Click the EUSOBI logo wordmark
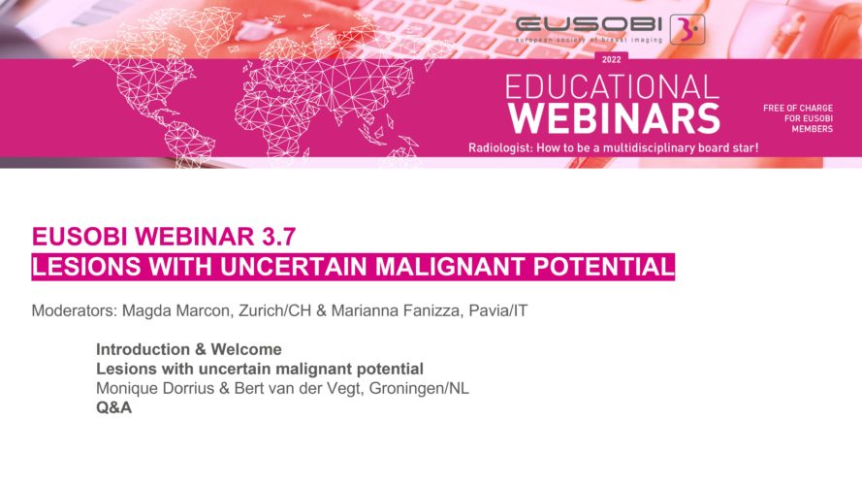click(x=589, y=24)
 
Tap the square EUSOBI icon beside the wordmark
click(x=687, y=29)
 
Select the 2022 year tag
click(x=611, y=59)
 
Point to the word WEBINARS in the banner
click(x=614, y=118)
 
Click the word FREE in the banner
click(x=774, y=108)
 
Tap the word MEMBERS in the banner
click(x=812, y=129)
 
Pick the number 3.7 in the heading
click(x=277, y=237)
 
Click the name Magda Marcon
click(x=176, y=310)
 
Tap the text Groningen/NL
click(x=419, y=388)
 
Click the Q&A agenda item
click(x=113, y=408)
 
